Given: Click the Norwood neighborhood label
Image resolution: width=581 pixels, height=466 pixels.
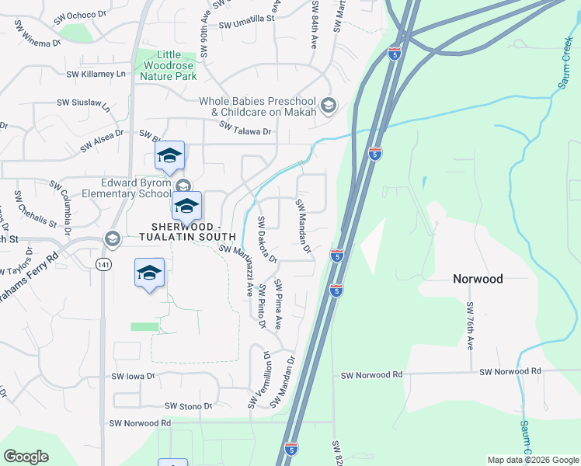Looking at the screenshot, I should pyautogui.click(x=478, y=279).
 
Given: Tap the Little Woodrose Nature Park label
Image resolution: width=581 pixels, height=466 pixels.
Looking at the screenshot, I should pyautogui.click(x=167, y=65).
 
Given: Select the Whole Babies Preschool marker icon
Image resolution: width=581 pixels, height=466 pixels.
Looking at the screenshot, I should pyautogui.click(x=329, y=106).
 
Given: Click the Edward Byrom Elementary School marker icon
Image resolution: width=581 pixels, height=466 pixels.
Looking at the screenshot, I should pyautogui.click(x=183, y=185).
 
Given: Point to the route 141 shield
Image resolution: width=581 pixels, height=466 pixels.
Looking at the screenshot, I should pyautogui.click(x=103, y=265).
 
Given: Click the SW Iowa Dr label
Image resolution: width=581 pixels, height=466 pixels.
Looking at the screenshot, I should pyautogui.click(x=134, y=376).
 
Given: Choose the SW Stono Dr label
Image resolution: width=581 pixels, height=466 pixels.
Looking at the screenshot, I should pyautogui.click(x=188, y=406).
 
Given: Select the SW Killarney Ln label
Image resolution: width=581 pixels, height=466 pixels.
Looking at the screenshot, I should pyautogui.click(x=96, y=74).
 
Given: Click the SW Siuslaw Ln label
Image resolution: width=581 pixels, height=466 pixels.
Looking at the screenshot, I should pyautogui.click(x=83, y=103).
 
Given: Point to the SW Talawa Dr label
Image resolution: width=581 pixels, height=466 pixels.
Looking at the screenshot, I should pyautogui.click(x=245, y=130).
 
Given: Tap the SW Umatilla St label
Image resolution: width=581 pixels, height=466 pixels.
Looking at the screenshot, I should pyautogui.click(x=247, y=25).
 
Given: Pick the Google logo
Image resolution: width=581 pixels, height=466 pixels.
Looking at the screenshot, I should pyautogui.click(x=26, y=457).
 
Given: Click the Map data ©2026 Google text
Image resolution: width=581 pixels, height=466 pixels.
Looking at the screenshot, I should pyautogui.click(x=533, y=460).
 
